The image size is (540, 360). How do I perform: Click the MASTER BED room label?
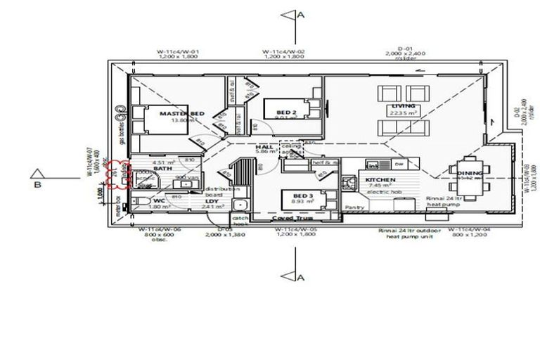[x=182, y=113]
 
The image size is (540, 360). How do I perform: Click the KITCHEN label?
[x=380, y=180]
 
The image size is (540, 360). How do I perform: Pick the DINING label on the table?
[x=470, y=173]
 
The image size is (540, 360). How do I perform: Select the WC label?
[x=159, y=200]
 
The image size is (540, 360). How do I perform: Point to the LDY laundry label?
[x=212, y=200]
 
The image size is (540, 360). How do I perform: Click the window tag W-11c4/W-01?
[x=179, y=51]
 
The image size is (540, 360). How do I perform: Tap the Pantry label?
[x=354, y=208]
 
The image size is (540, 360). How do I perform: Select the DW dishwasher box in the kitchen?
[x=399, y=164]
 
